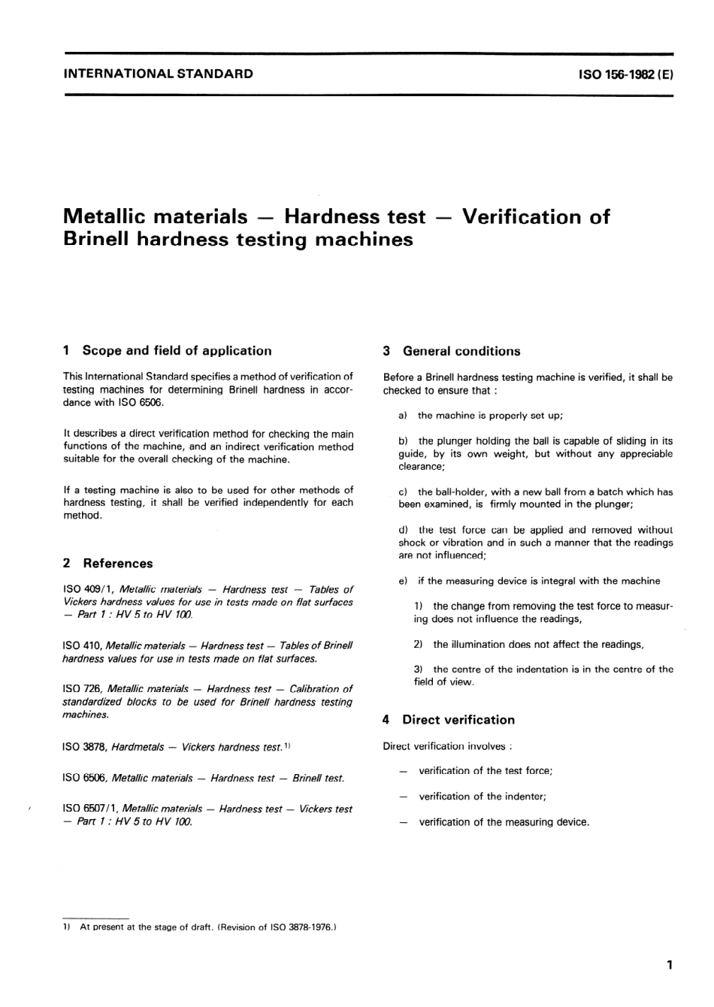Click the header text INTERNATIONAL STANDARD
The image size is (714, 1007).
[x=158, y=74]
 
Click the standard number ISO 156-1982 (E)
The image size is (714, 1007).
[x=625, y=74]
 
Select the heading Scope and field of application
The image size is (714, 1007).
[x=177, y=350]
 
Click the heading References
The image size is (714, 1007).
[x=118, y=563]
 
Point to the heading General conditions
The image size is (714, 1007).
[x=461, y=351]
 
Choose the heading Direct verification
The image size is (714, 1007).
[x=458, y=719]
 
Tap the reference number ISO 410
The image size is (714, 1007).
[x=82, y=646]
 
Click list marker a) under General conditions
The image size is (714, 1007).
[x=404, y=416]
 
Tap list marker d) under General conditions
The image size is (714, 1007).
[x=404, y=530]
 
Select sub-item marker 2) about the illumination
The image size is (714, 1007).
[x=419, y=645]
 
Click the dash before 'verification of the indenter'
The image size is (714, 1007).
[x=404, y=797]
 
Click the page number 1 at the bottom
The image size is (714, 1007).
[x=669, y=965]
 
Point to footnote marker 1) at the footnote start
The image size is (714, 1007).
[x=67, y=927]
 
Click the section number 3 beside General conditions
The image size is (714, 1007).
[x=386, y=351]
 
